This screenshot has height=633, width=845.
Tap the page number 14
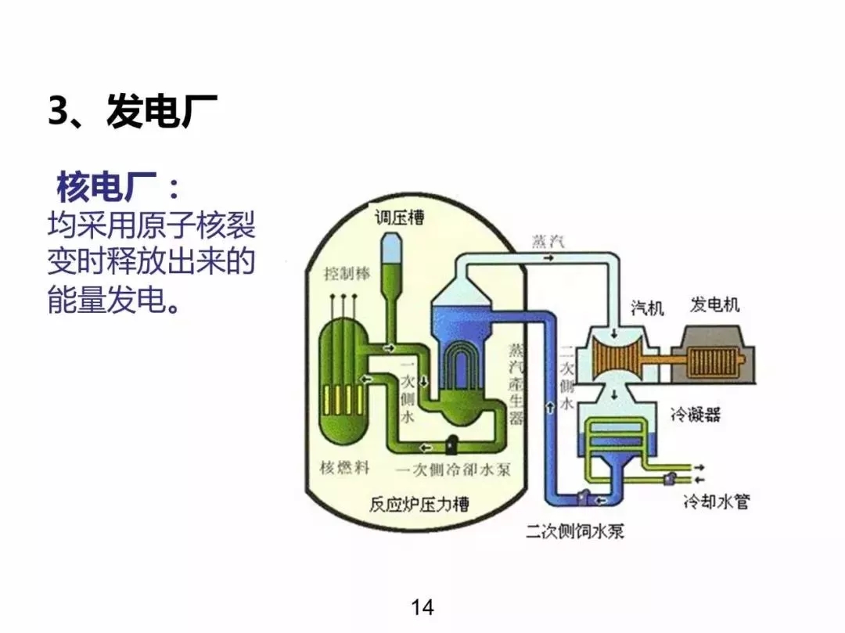click(422, 606)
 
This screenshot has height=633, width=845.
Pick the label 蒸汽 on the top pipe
click(547, 239)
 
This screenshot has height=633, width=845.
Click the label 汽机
click(647, 308)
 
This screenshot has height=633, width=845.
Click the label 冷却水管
click(716, 502)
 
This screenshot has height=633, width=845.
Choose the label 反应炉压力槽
click(419, 505)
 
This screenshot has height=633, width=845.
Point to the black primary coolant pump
click(451, 444)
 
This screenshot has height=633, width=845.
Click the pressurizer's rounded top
click(392, 246)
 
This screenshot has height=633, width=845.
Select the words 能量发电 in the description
click(106, 300)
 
